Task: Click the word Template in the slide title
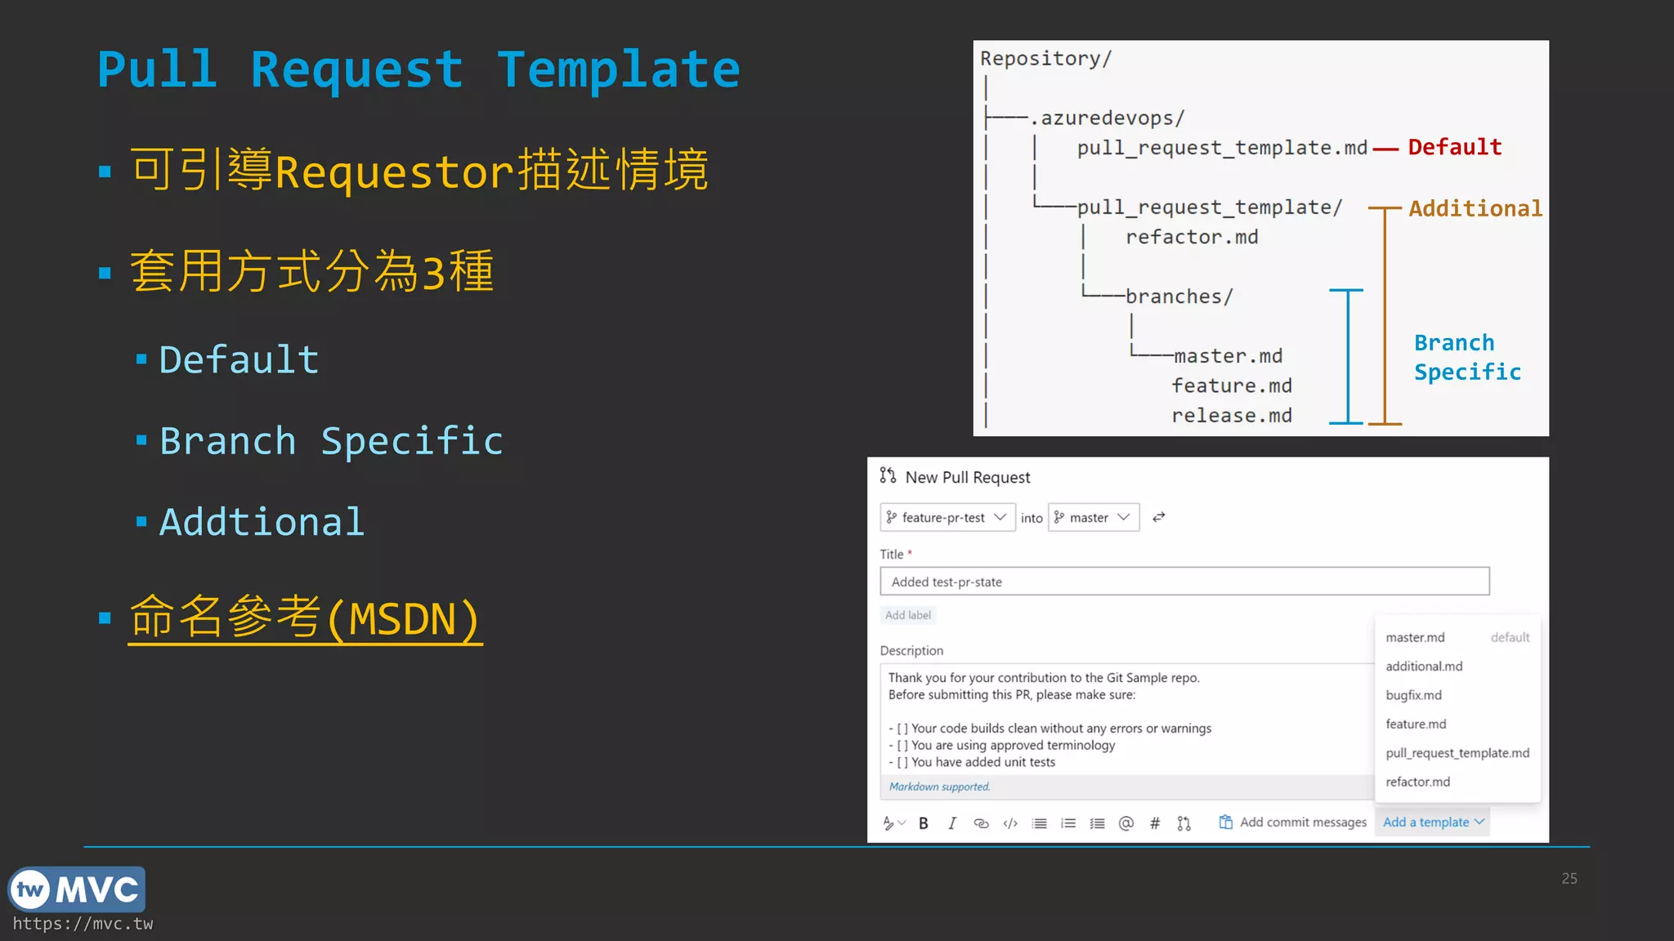[618, 70]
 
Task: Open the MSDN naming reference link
[305, 618]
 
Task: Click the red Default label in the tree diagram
[1454, 147]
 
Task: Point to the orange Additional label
[1475, 209]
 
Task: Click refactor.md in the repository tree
[1192, 238]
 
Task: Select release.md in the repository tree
[1231, 416]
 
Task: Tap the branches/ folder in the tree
[1179, 297]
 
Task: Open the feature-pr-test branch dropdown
[947, 518]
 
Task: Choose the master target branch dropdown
[1093, 518]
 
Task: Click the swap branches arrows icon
[1158, 518]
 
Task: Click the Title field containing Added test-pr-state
[1184, 582]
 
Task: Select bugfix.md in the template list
[1413, 695]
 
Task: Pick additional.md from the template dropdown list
[1424, 667]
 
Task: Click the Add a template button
[1432, 823]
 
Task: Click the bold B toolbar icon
[923, 823]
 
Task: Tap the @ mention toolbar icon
[1126, 823]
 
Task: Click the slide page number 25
[1569, 879]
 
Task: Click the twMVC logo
[77, 890]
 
